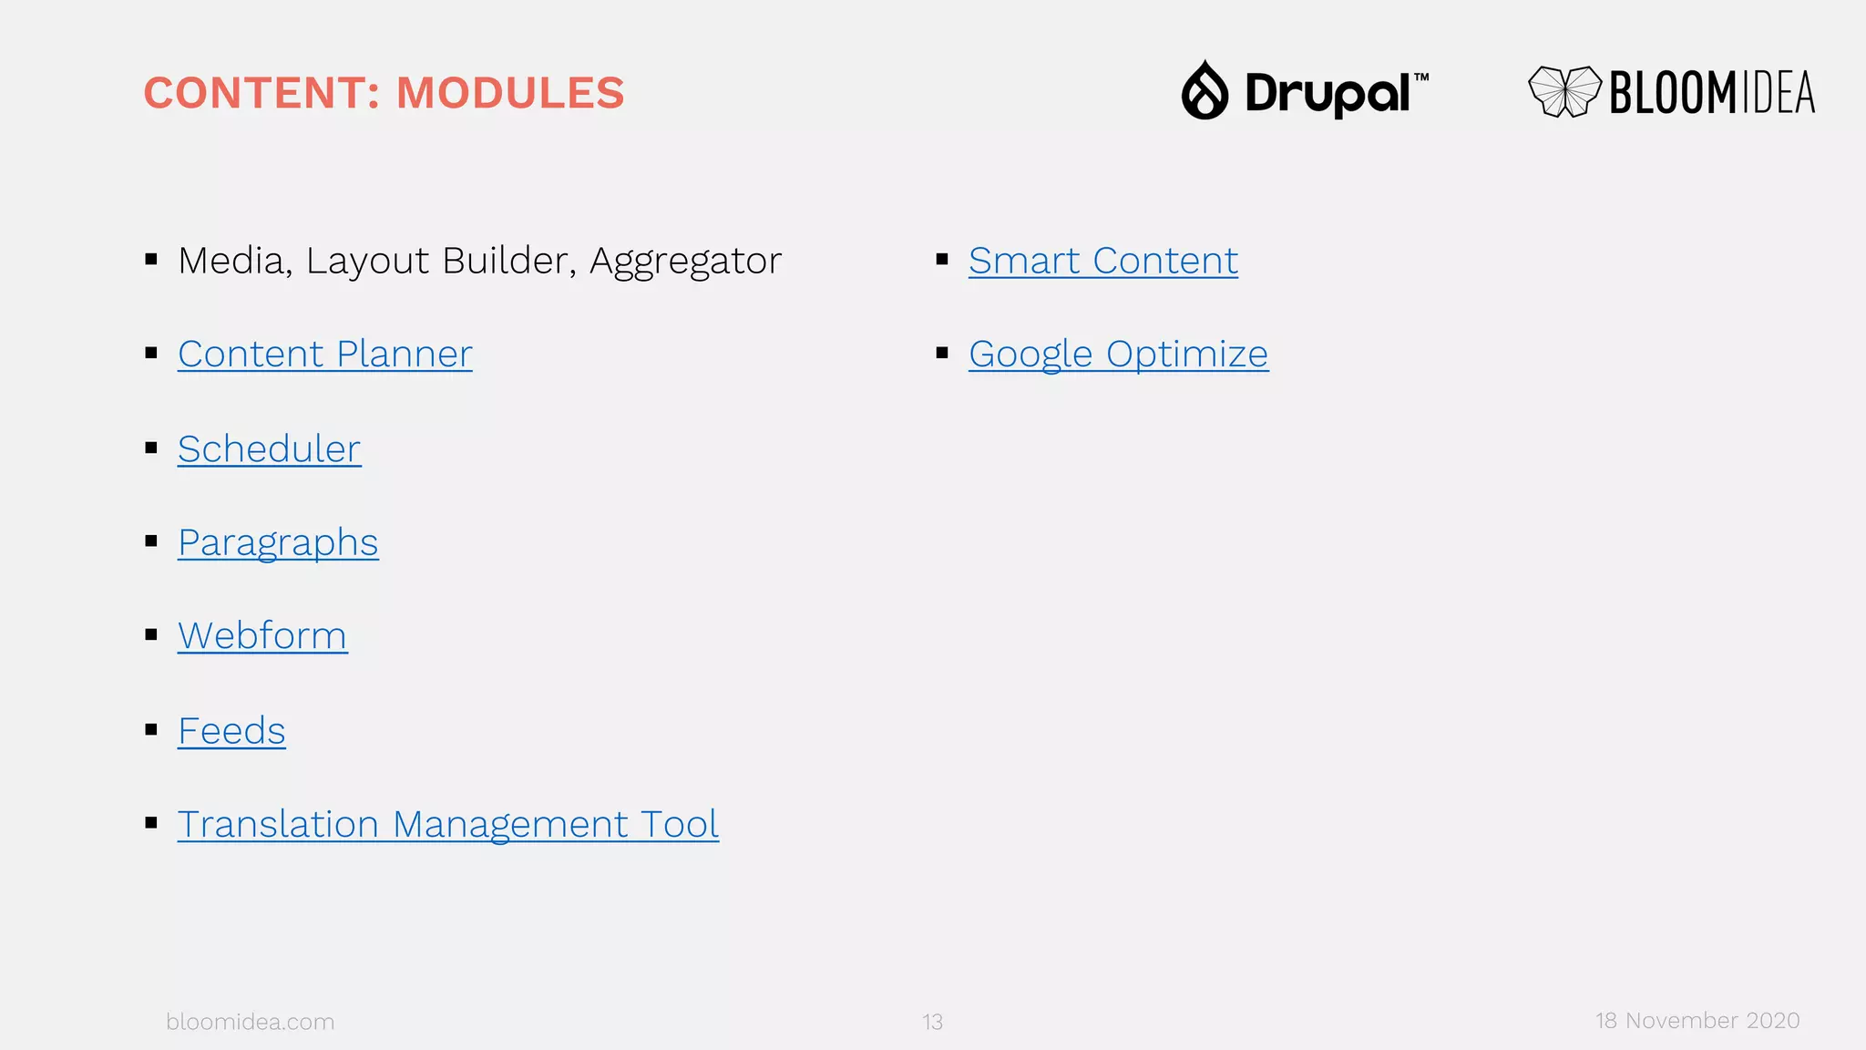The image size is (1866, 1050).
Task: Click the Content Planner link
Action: click(x=324, y=355)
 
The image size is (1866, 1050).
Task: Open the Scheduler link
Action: click(x=269, y=449)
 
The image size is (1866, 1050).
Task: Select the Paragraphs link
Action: click(x=278, y=543)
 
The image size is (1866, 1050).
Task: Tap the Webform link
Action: click(x=262, y=636)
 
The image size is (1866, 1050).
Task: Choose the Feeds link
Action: click(x=231, y=731)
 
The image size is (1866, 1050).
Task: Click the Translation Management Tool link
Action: click(x=447, y=825)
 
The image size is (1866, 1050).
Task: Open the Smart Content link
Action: click(x=1102, y=262)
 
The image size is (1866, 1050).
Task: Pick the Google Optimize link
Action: click(x=1118, y=355)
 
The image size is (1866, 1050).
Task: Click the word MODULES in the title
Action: click(x=510, y=93)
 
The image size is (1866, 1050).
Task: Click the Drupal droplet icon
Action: click(x=1205, y=90)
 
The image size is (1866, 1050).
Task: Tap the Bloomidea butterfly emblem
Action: click(x=1564, y=91)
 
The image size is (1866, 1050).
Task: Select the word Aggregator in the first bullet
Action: click(x=685, y=262)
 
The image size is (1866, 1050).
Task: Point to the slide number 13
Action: click(x=932, y=1023)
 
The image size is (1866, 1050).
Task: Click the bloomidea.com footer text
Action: click(x=250, y=1022)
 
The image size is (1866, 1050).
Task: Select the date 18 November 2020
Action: click(x=1697, y=1021)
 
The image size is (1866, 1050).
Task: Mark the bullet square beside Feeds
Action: click(x=151, y=729)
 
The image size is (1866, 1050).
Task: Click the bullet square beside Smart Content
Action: click(x=942, y=260)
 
